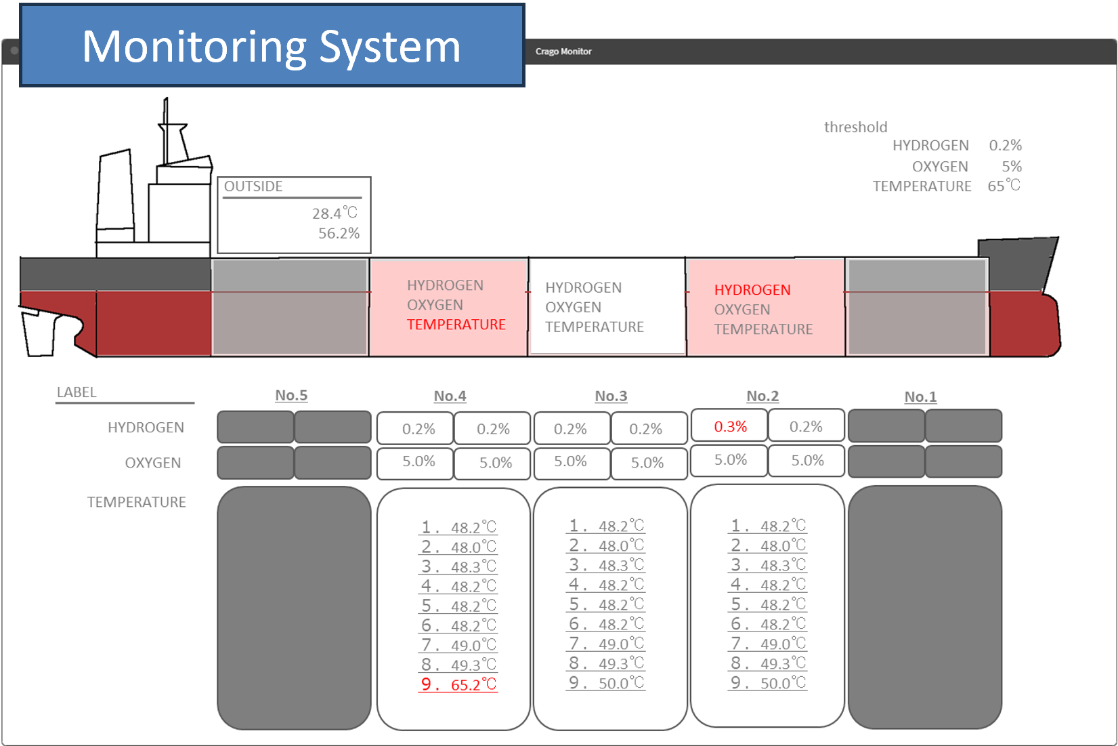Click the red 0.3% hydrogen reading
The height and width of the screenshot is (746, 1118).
tap(730, 426)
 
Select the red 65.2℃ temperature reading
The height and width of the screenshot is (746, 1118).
tap(473, 684)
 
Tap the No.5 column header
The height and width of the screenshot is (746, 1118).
tap(291, 395)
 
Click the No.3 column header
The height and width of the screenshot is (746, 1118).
tap(611, 396)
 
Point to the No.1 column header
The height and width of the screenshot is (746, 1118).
tap(920, 396)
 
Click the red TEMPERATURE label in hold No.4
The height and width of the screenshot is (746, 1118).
tap(456, 325)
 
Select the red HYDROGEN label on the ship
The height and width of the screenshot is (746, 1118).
tap(752, 290)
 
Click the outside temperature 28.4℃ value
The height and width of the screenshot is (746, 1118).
tap(335, 213)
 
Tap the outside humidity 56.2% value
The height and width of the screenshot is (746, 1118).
tap(339, 233)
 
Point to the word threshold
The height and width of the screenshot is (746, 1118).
tap(855, 127)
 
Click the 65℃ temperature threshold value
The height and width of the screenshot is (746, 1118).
tap(1004, 186)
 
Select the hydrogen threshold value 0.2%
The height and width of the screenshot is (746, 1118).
tap(1005, 145)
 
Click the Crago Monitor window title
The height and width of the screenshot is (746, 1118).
tap(563, 51)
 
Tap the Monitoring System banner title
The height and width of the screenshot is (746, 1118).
tap(271, 47)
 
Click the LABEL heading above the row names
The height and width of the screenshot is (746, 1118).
tap(77, 392)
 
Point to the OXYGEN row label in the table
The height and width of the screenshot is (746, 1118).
tap(153, 463)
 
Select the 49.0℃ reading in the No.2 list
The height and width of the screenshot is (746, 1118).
tap(783, 644)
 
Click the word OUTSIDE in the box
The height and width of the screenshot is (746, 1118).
tap(253, 186)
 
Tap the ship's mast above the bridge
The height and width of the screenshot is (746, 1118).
tap(166, 131)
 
